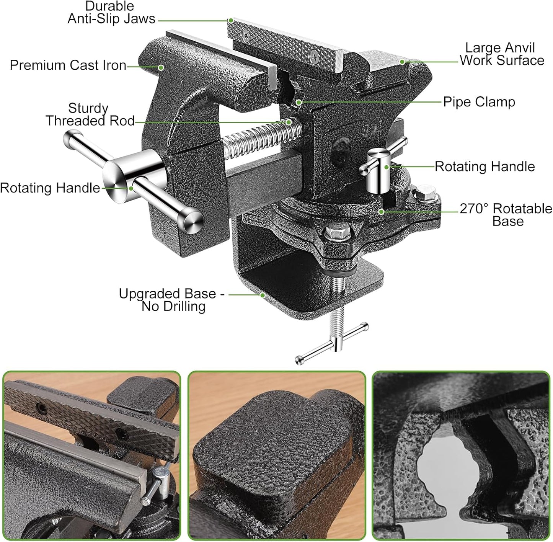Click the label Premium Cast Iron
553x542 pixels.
pyautogui.click(x=68, y=65)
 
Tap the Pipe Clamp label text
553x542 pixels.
pyautogui.click(x=479, y=102)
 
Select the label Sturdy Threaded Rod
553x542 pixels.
pyautogui.click(x=90, y=114)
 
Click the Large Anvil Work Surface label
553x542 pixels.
pyautogui.click(x=502, y=54)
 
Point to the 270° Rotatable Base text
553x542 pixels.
pyautogui.click(x=506, y=215)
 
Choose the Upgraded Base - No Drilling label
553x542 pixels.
pyautogui.click(x=171, y=300)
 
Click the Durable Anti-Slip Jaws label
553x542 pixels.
pyautogui.click(x=111, y=13)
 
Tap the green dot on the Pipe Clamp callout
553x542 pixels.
pyautogui.click(x=299, y=102)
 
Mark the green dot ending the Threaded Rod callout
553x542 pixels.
pyautogui.click(x=289, y=122)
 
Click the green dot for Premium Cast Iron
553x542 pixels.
pyautogui.click(x=161, y=67)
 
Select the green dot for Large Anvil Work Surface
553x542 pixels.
pyautogui.click(x=402, y=62)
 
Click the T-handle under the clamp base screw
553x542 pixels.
pyautogui.click(x=332, y=343)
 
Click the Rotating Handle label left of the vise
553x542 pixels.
pyautogui.click(x=50, y=188)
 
